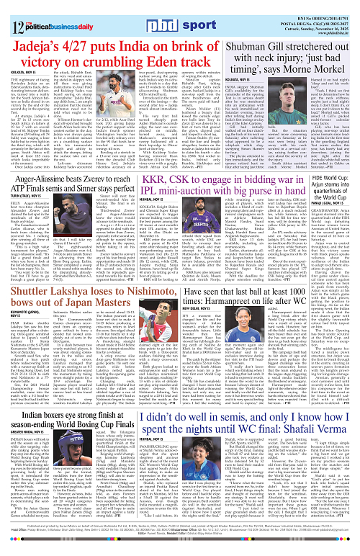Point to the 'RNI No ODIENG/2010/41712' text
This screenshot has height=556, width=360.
[x=310, y=6]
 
